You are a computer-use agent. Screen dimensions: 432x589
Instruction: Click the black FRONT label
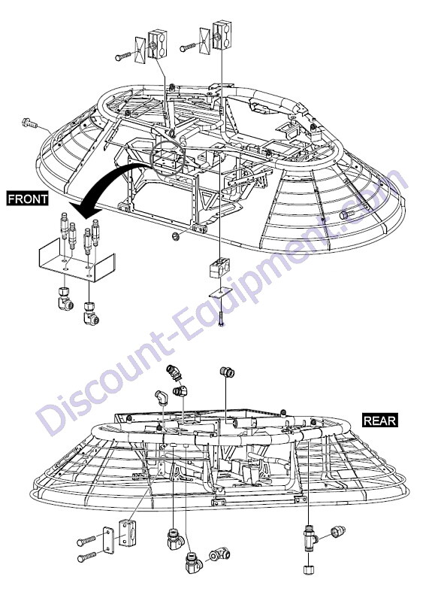(x=28, y=199)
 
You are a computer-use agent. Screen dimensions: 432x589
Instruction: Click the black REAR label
(x=379, y=420)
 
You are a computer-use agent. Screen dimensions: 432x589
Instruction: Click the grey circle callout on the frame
(x=168, y=159)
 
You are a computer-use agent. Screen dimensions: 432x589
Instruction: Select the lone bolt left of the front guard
(x=29, y=122)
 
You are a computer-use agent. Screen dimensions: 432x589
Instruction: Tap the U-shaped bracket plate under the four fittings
(x=76, y=265)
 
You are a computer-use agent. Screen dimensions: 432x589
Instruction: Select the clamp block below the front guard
(x=219, y=268)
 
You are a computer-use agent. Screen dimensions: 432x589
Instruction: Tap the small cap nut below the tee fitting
(x=309, y=569)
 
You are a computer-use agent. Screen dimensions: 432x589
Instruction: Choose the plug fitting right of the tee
(x=338, y=532)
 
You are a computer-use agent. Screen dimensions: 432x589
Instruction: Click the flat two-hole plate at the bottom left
(x=108, y=541)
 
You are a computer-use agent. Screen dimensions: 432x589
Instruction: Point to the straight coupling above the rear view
(x=227, y=372)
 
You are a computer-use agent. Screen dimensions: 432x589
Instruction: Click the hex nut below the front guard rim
(x=174, y=236)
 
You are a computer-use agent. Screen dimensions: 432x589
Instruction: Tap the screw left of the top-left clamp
(x=124, y=56)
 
